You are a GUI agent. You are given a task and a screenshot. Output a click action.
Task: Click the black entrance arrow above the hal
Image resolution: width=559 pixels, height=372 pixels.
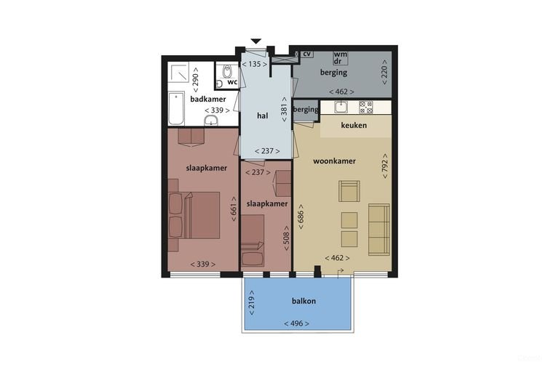pos(256,41)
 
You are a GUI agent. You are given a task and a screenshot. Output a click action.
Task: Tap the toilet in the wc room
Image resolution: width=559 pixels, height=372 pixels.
pos(227,71)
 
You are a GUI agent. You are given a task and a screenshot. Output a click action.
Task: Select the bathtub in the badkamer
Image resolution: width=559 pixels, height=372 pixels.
pos(176,109)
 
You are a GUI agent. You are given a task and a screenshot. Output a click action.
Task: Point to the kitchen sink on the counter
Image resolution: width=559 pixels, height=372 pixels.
pos(341,107)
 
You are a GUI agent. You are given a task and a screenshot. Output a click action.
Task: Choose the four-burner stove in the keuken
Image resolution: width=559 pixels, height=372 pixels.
pos(366,107)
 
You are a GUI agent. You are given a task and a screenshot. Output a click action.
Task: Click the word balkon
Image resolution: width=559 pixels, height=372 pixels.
pos(304,301)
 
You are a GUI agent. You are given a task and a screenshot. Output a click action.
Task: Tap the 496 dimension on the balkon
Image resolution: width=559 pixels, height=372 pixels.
pos(297,323)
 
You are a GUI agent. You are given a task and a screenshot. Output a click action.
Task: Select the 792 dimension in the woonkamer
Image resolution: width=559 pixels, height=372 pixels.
pos(384,166)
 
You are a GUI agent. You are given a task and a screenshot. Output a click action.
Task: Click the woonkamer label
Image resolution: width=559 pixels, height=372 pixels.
pos(334,161)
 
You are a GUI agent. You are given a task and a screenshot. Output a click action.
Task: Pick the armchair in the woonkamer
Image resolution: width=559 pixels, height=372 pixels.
pos(349,191)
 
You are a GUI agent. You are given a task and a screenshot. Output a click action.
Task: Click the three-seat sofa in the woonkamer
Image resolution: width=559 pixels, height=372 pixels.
pos(379,230)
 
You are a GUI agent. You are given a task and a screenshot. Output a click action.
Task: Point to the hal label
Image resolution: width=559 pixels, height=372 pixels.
pos(262,116)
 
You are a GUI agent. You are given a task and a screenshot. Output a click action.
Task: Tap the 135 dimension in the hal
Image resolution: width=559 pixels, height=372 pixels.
pos(254,64)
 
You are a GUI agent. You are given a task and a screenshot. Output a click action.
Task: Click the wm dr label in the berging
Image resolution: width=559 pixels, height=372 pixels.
pos(341,58)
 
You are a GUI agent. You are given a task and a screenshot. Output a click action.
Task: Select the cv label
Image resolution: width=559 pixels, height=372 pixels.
pos(307,54)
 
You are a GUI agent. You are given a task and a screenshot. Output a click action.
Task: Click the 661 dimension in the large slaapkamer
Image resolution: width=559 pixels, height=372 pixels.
pos(234,209)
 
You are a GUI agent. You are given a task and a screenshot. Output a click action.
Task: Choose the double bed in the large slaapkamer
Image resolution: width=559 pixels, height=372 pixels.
pos(194,215)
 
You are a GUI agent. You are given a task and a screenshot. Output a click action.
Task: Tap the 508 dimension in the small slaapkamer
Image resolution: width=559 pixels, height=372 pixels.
pos(286,238)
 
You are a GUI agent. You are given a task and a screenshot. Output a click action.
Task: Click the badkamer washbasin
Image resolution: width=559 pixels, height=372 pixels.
pos(211,121)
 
